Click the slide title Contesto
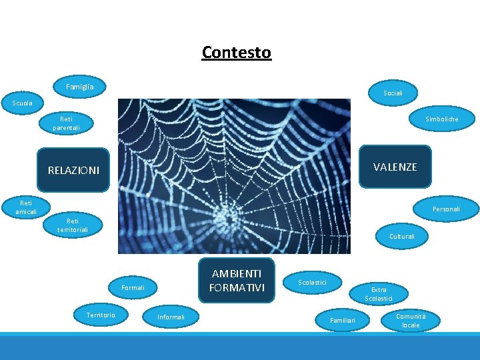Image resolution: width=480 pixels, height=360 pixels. (x=237, y=52)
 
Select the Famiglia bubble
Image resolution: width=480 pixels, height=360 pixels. (x=79, y=87)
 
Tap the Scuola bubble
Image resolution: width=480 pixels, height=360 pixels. (x=22, y=103)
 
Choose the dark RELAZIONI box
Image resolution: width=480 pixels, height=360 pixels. (x=73, y=170)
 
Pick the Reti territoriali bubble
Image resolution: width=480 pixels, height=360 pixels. (x=73, y=225)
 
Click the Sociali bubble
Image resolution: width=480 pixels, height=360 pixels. (x=393, y=93)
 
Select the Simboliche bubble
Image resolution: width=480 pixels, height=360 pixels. (x=442, y=119)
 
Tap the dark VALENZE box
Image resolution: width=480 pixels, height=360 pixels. (x=395, y=167)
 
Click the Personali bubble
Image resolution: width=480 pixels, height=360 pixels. (x=445, y=209)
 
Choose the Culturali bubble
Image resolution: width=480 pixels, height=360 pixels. (x=402, y=236)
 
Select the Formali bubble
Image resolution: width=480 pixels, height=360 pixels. (x=133, y=288)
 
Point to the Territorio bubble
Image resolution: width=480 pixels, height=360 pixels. (x=101, y=315)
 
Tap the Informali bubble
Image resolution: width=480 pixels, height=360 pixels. (x=171, y=317)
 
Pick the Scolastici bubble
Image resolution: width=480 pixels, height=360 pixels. (x=312, y=283)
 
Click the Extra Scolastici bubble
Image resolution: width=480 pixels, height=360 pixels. (x=379, y=294)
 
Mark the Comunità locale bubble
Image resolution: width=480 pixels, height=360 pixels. (x=411, y=321)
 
